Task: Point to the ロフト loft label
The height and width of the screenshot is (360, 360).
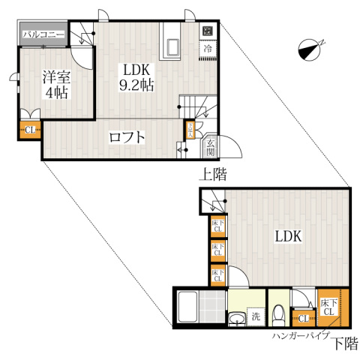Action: point(126,138)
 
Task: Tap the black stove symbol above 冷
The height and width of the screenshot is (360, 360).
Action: point(207,32)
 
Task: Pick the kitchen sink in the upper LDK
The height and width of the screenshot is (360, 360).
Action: point(171,46)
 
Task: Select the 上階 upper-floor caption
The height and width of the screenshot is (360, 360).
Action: point(213,174)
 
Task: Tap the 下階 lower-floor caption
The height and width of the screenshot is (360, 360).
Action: point(344,344)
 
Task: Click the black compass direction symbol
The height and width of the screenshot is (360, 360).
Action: point(309,49)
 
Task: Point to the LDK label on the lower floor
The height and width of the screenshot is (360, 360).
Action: point(287,236)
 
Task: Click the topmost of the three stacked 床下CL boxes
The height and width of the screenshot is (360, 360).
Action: point(217,226)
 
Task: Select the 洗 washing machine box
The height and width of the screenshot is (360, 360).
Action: point(256,316)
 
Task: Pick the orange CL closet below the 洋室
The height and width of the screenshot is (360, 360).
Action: point(30,130)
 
